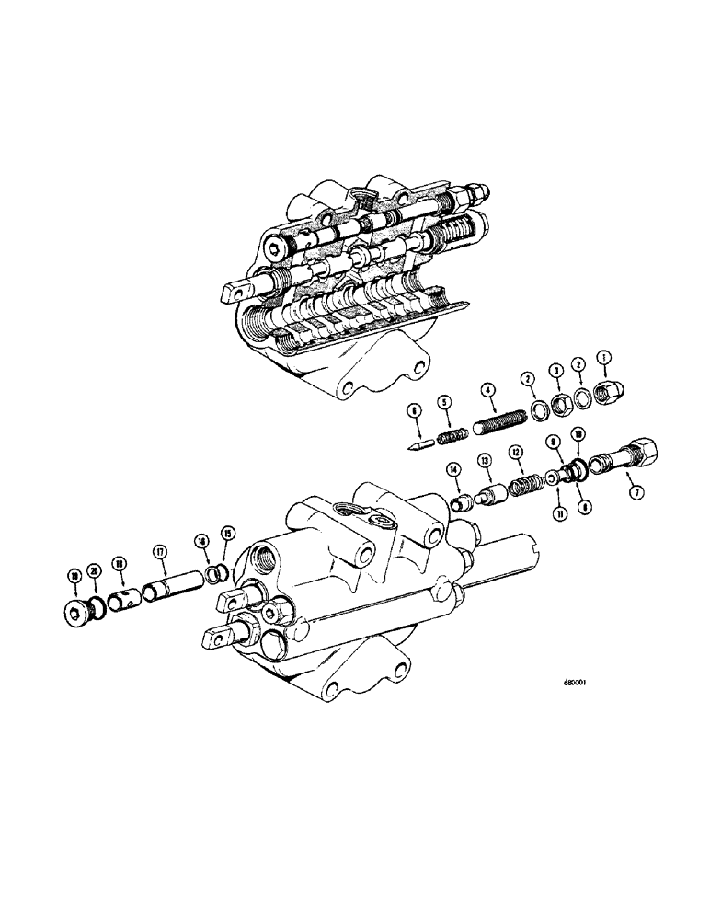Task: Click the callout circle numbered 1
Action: point(604,357)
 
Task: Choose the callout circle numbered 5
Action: point(444,402)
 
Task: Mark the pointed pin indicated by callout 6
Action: point(419,443)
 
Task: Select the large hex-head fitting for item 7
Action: point(628,454)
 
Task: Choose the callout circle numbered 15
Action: point(227,557)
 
